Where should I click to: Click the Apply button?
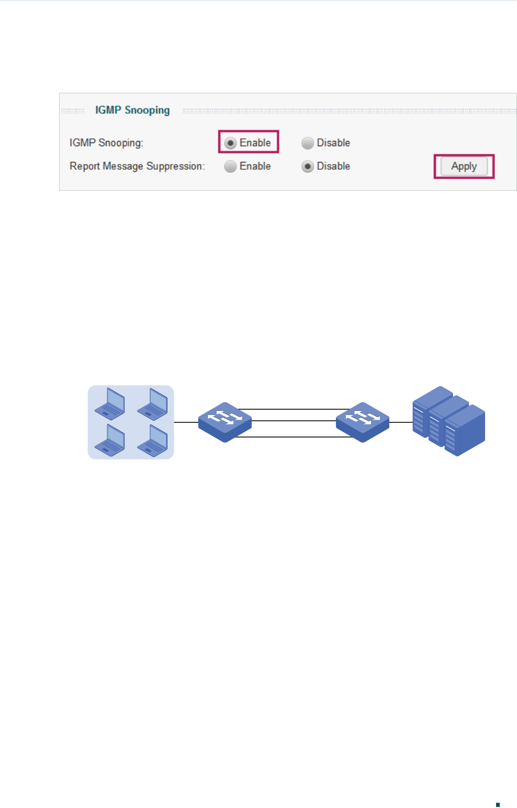[x=464, y=167]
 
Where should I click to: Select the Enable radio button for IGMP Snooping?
[x=230, y=143]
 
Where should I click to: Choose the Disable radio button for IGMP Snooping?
[x=308, y=143]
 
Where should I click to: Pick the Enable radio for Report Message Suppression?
[x=230, y=167]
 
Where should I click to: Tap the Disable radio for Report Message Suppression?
[x=308, y=167]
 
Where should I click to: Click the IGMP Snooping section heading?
[x=132, y=111]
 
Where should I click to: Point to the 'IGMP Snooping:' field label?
[x=106, y=143]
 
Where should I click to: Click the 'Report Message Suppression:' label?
[x=137, y=167]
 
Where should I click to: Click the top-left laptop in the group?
[x=109, y=403]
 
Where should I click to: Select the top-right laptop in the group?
[x=152, y=403]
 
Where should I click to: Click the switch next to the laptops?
[x=225, y=422]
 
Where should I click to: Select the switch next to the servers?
[x=362, y=422]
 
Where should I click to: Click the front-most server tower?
[x=465, y=431]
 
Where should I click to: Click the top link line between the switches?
[x=293, y=409]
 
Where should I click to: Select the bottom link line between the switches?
[x=293, y=436]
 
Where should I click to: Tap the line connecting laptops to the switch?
[x=186, y=422]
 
